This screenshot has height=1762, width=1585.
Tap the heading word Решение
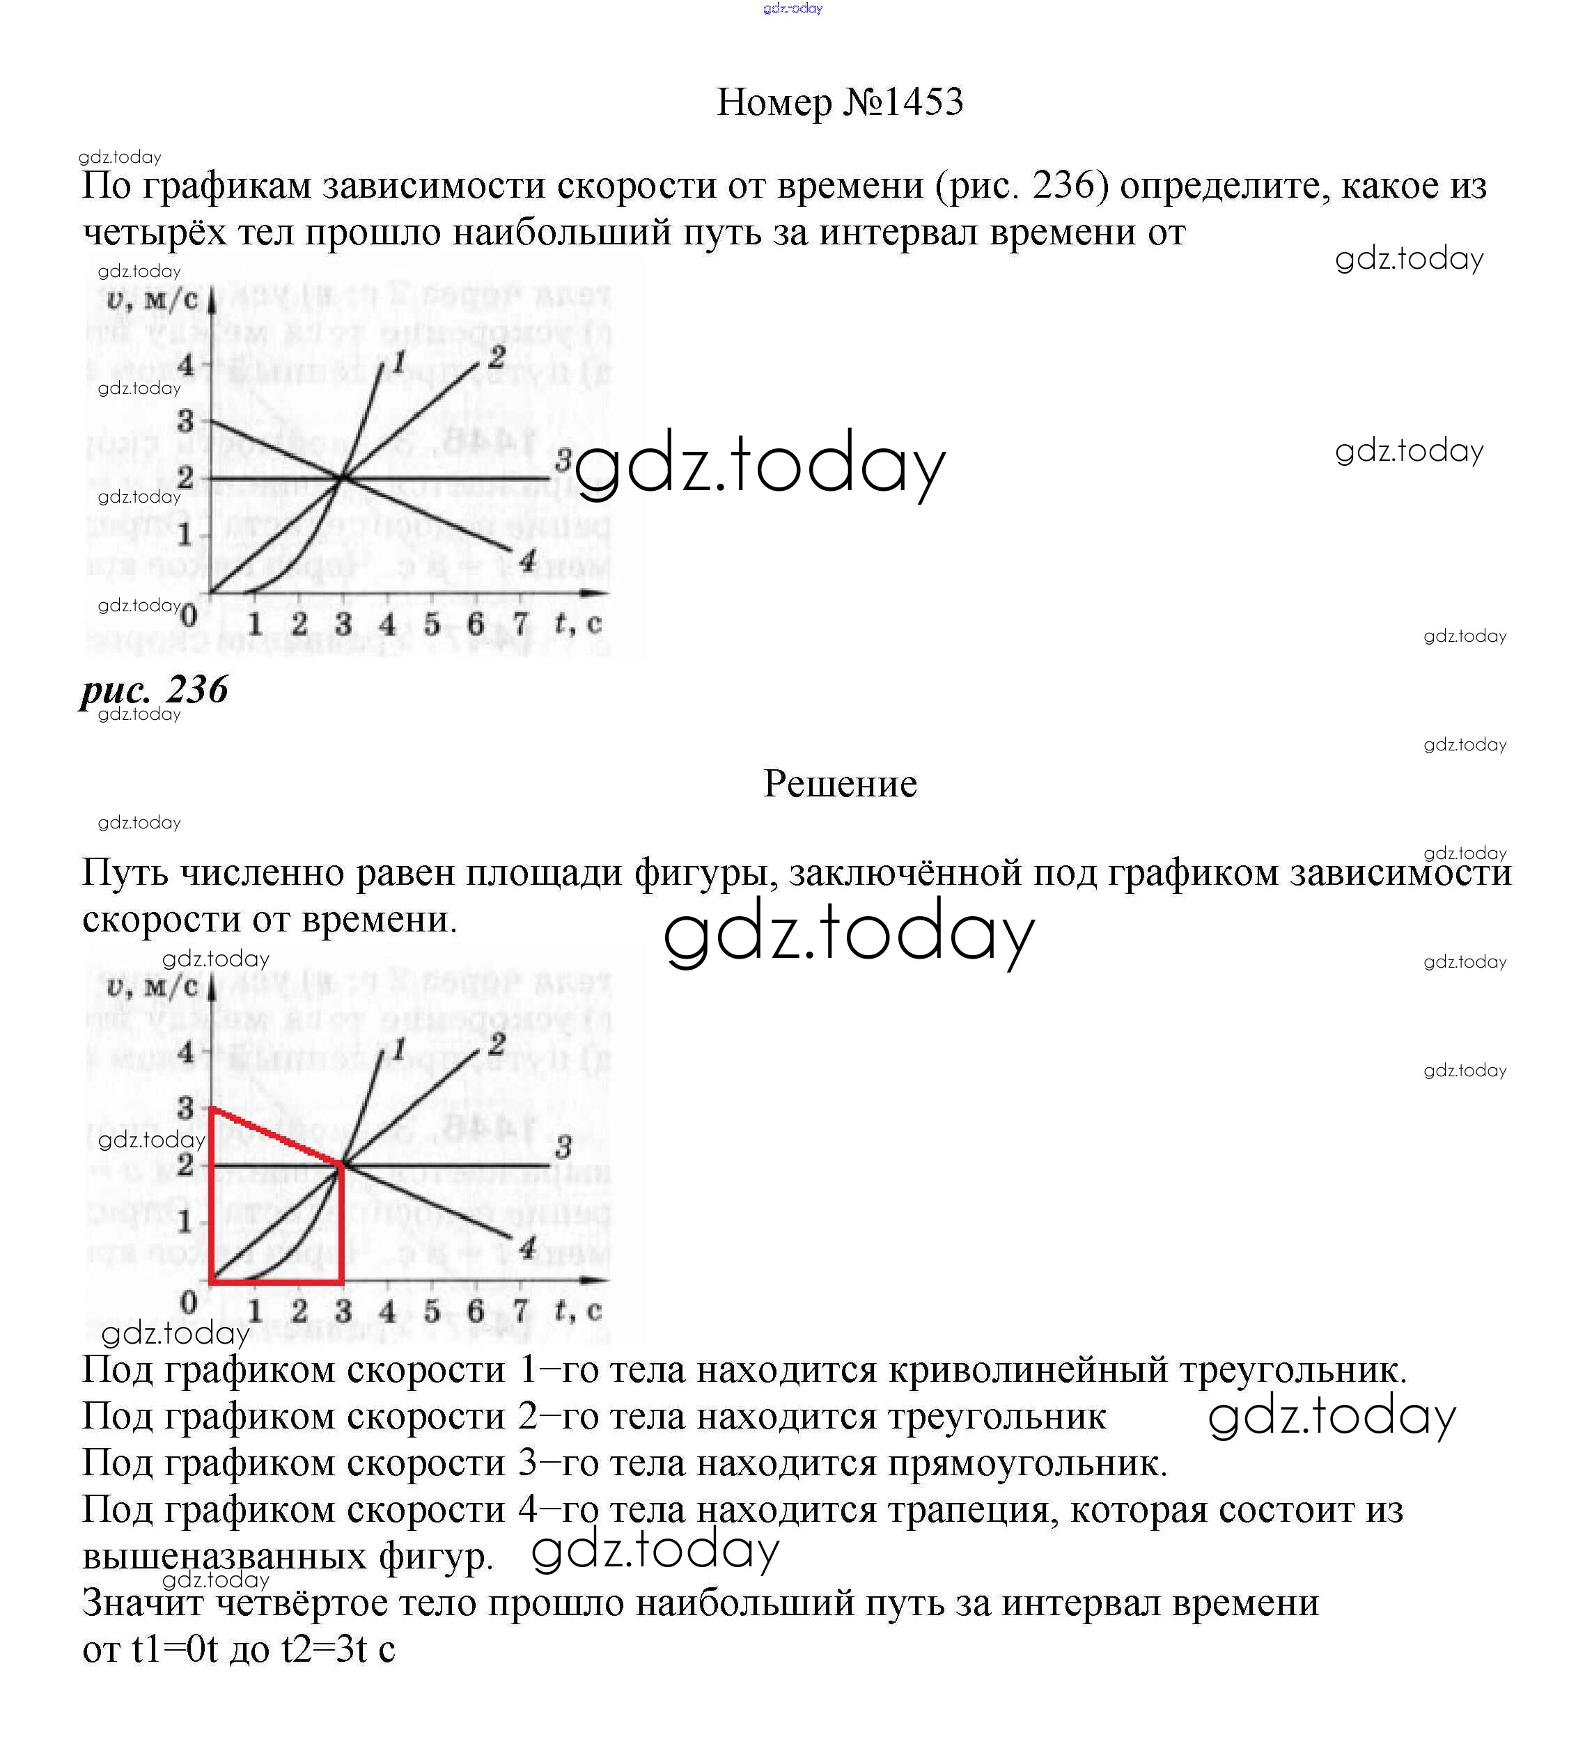840,783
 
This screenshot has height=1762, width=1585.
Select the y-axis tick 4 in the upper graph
185,365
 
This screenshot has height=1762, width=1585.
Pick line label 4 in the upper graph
528,562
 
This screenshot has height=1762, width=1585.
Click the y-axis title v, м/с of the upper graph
153,300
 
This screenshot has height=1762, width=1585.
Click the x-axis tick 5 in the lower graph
432,1311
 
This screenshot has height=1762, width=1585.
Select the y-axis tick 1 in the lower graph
185,1221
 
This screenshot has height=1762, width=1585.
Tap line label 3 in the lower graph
563,1147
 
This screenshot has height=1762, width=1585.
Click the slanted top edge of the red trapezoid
277,1136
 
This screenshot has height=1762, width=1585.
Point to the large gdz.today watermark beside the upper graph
759,465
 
